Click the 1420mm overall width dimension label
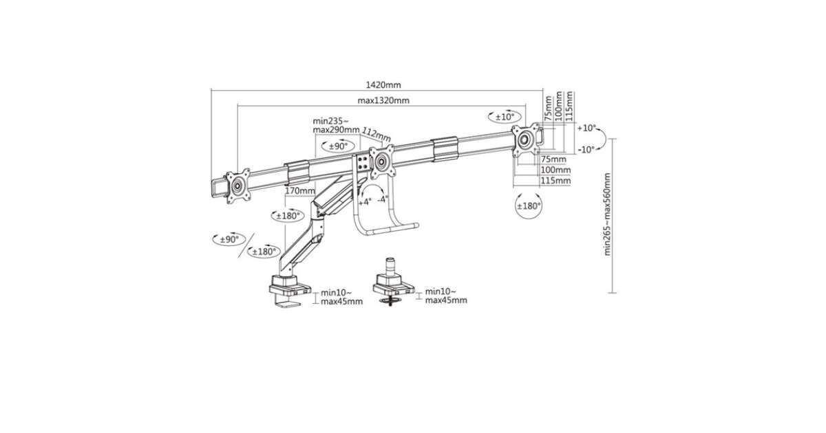pyautogui.click(x=383, y=85)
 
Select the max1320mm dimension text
pyautogui.click(x=383, y=100)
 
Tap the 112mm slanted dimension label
pyautogui.click(x=376, y=135)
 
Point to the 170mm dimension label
pyautogui.click(x=300, y=191)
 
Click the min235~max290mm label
pyautogui.click(x=336, y=126)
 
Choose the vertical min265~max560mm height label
pyautogui.click(x=607, y=214)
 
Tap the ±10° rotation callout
pyautogui.click(x=505, y=117)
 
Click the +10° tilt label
pyautogui.click(x=586, y=128)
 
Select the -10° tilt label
pyautogui.click(x=586, y=150)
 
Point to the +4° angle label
pyautogui.click(x=365, y=202)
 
